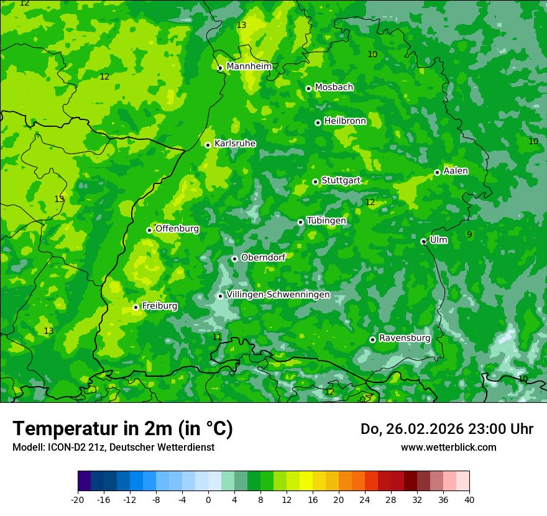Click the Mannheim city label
[249, 67]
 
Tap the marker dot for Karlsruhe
[208, 145]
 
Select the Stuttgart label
[341, 180]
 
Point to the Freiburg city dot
[136, 307]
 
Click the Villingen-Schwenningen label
[278, 294]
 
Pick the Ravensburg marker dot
[372, 339]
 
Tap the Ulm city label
[438, 239]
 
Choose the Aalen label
[456, 170]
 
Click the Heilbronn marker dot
[318, 122]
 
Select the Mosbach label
[334, 87]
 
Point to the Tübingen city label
[326, 221]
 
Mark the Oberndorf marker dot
[234, 259]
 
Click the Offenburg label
[177, 228]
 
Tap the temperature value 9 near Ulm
[469, 234]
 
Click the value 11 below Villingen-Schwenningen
[217, 337]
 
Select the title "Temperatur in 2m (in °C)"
[122, 428]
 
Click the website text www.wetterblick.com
[448, 447]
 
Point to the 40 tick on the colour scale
[469, 499]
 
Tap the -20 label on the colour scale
[78, 499]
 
